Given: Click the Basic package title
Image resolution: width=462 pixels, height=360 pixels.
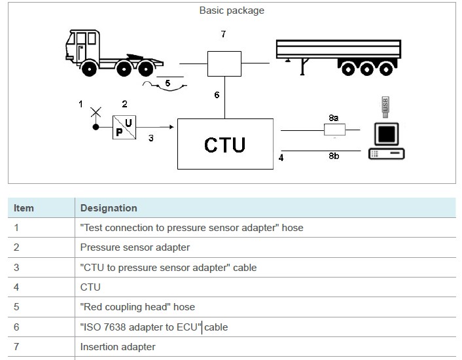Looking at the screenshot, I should [232, 10].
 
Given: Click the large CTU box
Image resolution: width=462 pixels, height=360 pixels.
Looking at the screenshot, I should [225, 143].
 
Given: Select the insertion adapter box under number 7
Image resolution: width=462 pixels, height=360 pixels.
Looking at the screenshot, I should [224, 63].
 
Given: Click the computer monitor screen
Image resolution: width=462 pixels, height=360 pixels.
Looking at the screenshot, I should [387, 134].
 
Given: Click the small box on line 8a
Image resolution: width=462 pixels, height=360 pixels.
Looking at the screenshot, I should [334, 130].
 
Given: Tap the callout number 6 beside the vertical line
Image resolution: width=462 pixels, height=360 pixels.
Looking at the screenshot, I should [217, 95].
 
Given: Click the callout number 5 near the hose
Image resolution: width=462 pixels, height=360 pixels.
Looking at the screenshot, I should [167, 83].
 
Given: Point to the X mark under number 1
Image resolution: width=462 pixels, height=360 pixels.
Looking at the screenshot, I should [96, 113].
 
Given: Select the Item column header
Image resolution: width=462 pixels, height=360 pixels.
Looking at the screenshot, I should [24, 208].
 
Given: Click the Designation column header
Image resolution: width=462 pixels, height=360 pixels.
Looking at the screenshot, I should [109, 208].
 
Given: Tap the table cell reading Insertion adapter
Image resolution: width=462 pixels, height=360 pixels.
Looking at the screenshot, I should [118, 346].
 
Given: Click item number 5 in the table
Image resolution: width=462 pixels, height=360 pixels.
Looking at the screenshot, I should [17, 306].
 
